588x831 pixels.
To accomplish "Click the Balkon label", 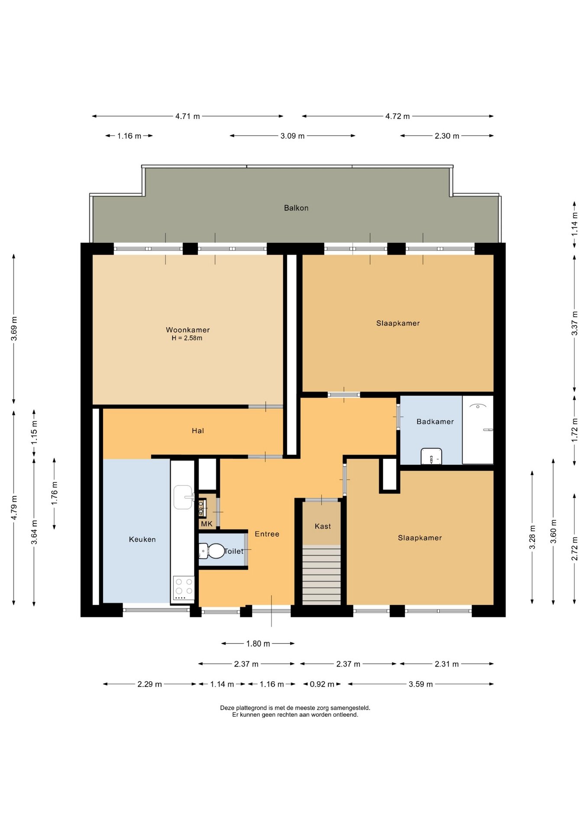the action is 296,208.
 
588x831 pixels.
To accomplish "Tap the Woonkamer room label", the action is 187,330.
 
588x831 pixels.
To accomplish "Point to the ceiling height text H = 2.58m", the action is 187,338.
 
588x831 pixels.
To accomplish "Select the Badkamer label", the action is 435,422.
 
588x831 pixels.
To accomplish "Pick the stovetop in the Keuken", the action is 184,588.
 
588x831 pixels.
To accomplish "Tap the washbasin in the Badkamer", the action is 431,456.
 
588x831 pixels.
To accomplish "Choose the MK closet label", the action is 207,524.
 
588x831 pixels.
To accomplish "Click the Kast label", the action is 323,526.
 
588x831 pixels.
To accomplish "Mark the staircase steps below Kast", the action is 321,574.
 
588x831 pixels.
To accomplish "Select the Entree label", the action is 267,534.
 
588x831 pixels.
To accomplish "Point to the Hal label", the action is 197,431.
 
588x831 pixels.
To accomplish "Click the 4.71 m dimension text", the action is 187,116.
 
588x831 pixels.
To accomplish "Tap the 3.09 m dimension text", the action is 292,136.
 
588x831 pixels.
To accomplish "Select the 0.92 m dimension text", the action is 322,684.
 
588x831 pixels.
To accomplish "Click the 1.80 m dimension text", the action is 258,644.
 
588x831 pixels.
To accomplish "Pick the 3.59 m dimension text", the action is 420,684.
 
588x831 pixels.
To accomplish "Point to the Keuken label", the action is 142,539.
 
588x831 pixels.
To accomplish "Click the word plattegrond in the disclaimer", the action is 250,708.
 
